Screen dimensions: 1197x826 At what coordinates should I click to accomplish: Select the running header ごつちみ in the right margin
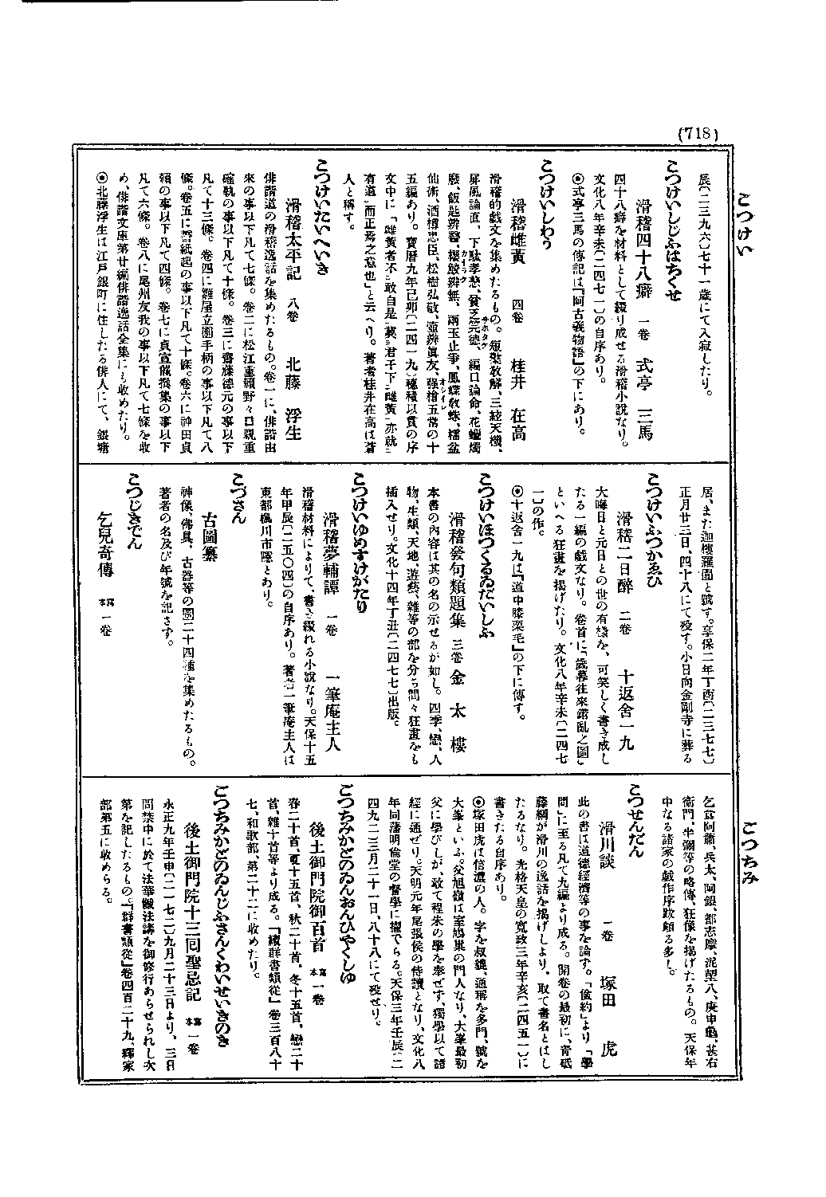[x=749, y=844]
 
